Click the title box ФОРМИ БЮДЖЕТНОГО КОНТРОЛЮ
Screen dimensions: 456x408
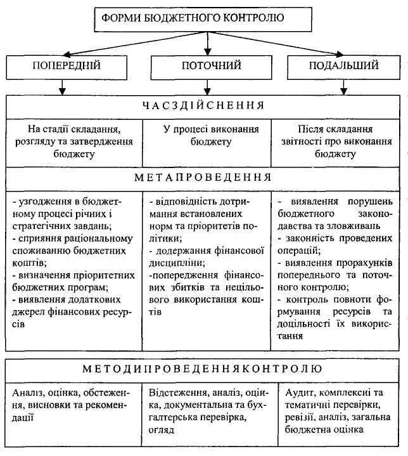[202, 19]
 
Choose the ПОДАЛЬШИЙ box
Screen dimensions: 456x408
[344, 66]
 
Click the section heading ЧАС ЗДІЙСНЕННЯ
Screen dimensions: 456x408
[203, 105]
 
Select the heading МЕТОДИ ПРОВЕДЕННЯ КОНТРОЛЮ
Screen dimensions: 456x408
[203, 368]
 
